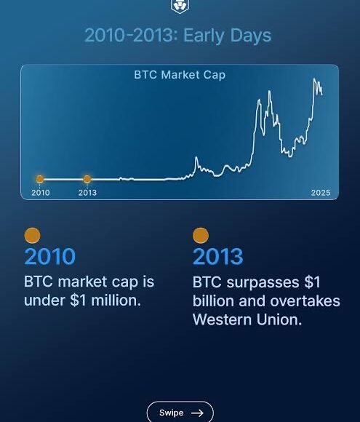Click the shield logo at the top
179,6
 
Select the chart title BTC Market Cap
180,75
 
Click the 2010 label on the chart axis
41,193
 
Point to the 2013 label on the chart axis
87,193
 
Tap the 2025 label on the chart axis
321,193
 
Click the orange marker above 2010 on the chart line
40,179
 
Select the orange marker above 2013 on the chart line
87,179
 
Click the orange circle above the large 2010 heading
32,236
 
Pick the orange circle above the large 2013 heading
201,236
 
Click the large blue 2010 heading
49,257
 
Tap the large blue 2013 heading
218,257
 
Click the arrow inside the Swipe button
196,413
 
